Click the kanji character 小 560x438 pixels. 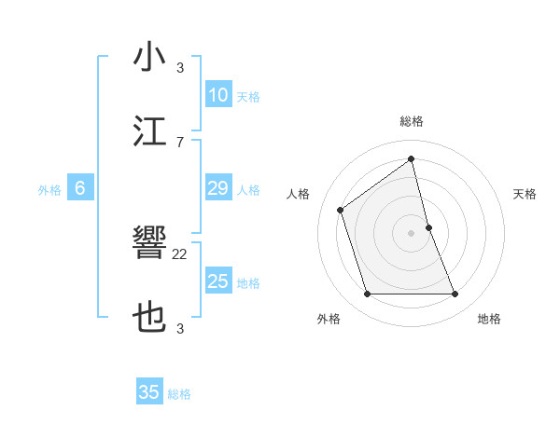point(149,57)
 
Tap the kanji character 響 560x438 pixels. point(149,245)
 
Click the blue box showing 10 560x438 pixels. point(217,95)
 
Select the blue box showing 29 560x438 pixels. point(217,188)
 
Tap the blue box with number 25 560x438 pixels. point(217,281)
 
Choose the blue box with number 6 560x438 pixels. point(80,188)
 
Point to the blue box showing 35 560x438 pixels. point(149,392)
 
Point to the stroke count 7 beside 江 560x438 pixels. point(179,142)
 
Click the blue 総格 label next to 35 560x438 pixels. point(179,394)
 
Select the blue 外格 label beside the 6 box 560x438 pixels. point(49,190)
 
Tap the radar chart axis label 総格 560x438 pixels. point(412,121)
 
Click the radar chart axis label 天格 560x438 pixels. point(525,194)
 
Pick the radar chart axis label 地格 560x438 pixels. point(489,319)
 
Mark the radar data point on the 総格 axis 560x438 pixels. point(412,158)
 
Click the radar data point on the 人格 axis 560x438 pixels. point(341,210)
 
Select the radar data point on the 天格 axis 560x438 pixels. point(428,227)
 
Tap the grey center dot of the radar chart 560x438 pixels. point(412,233)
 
